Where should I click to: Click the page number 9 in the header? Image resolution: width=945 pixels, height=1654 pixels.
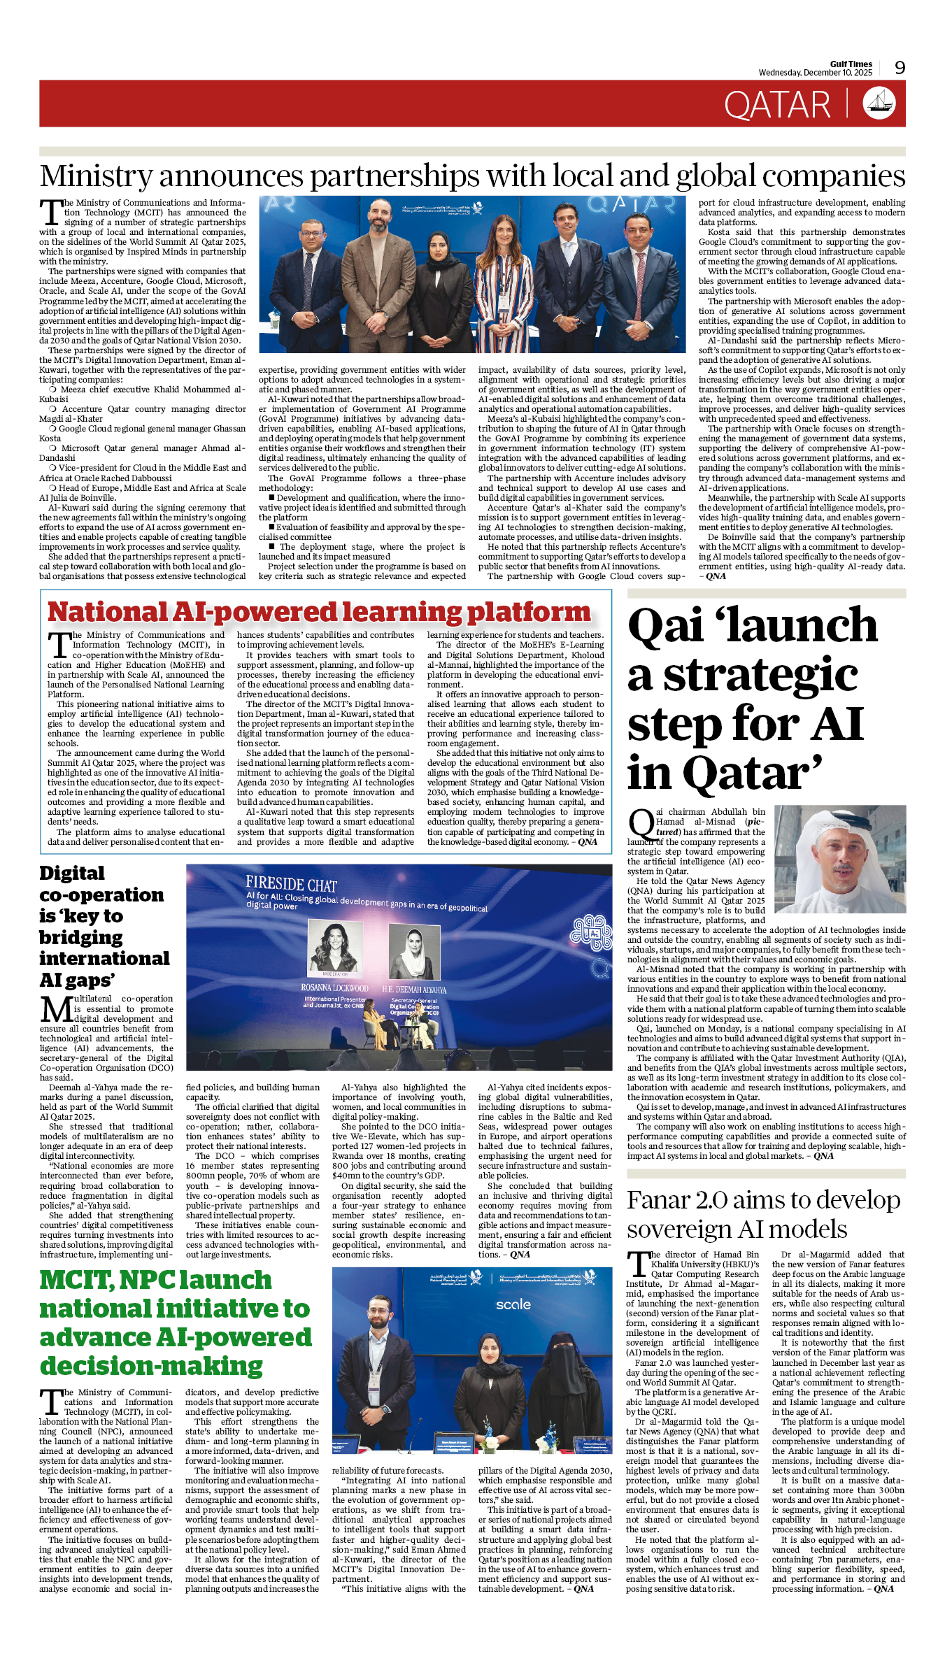pos(900,68)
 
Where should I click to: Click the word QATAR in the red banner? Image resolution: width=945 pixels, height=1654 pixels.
pos(777,106)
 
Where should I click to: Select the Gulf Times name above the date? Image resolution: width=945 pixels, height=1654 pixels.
pos(851,64)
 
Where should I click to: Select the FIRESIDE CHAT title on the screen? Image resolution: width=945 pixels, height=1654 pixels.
pos(291,884)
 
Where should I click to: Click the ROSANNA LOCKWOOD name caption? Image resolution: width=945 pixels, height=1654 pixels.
pos(334,988)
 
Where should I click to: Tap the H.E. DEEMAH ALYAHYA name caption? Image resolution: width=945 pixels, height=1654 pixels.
pos(414,990)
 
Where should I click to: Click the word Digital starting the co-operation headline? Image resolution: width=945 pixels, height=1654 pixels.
pos(72,874)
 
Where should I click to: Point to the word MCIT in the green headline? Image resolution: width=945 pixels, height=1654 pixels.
pos(76,1280)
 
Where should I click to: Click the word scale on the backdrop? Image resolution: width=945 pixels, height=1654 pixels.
pos(513,1304)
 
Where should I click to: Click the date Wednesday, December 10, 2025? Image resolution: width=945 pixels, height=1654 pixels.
pos(816,73)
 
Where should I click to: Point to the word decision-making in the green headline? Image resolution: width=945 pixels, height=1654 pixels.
pos(152,1366)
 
